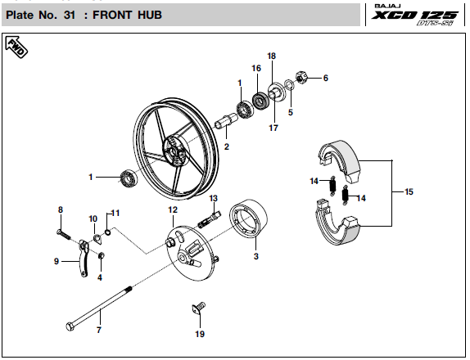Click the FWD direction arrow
coord(16,47)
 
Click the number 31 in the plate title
coord(70,15)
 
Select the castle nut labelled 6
coord(301,78)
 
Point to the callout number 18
coord(271,56)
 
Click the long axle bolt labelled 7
coord(99,308)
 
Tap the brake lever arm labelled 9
coord(84,258)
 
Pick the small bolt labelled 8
coord(63,235)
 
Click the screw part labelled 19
coord(198,308)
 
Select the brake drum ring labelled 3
coord(248,219)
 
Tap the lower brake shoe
coord(337,223)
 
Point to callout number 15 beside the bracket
coord(409,191)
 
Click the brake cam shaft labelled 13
coord(210,220)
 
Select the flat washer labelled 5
coord(289,84)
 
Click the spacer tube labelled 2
coord(227,120)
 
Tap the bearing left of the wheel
coord(129,178)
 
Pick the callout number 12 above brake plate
coord(173,210)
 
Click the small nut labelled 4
coord(102,256)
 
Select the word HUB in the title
coord(150,15)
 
